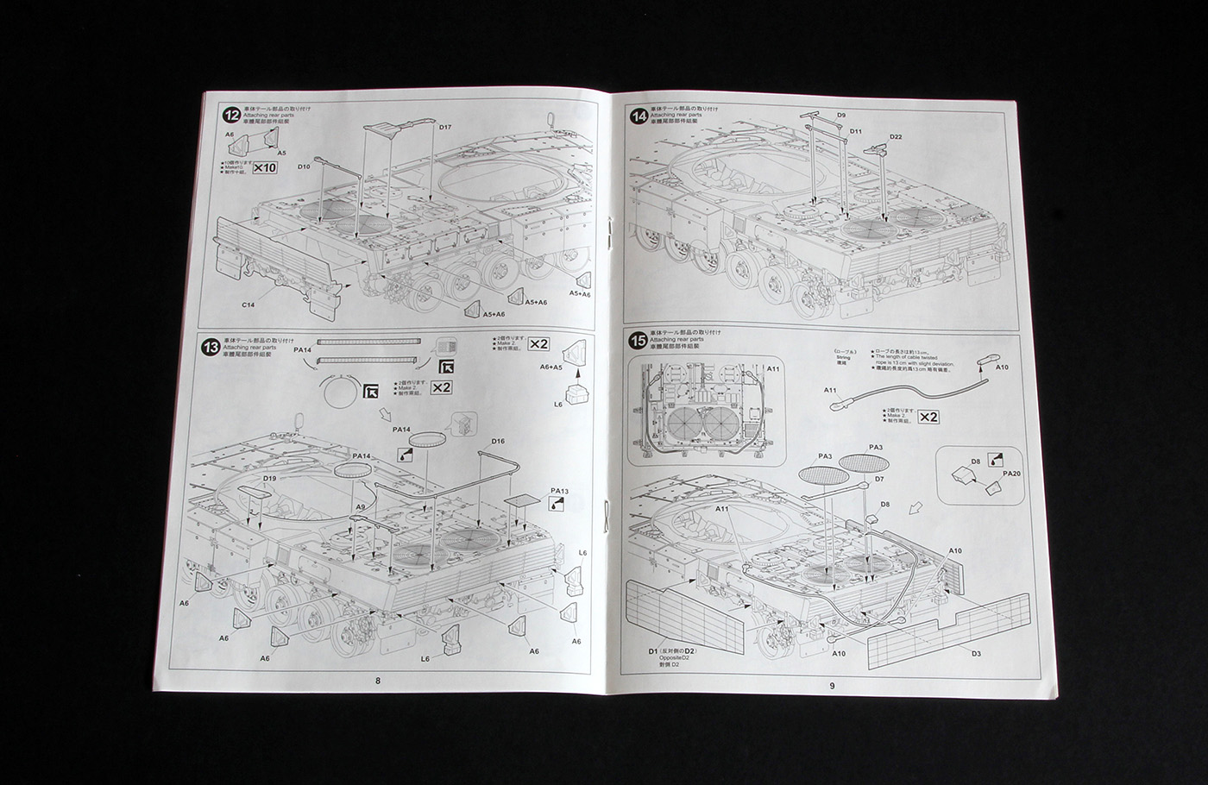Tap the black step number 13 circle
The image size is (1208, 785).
coord(210,348)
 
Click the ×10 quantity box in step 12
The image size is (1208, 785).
coord(264,167)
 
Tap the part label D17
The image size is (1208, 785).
coord(445,128)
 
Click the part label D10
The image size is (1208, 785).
coord(304,166)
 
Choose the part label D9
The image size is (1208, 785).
coord(841,115)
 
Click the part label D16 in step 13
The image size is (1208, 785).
coord(498,442)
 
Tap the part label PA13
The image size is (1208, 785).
coord(559,491)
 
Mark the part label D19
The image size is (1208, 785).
coord(269,478)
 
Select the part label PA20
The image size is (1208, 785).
coord(1011,474)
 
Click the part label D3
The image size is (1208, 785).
coord(976,653)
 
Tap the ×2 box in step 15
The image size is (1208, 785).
coord(928,418)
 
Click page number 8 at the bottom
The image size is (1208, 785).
coord(378,681)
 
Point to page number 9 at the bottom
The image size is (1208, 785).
coord(832,686)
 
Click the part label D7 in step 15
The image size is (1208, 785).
coord(879,478)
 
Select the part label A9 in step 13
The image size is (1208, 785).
coord(361,506)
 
